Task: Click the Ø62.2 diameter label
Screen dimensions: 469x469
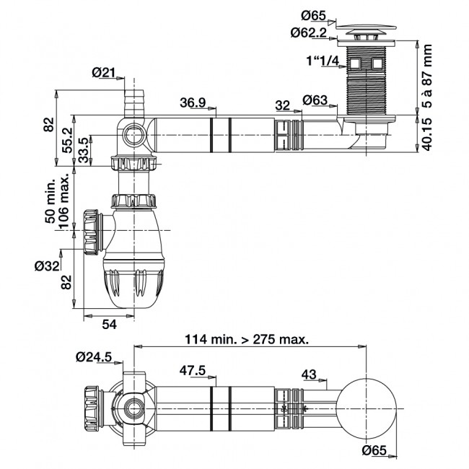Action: click(310, 32)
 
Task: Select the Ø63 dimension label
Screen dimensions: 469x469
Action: click(316, 100)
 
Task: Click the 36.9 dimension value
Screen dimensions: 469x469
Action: click(193, 104)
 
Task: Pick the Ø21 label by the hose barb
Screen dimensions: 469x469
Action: click(105, 71)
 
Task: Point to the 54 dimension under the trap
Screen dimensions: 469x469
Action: click(108, 325)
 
